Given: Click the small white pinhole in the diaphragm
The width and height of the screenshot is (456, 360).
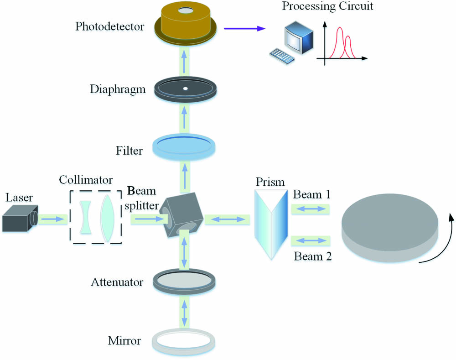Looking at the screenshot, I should point(185,88).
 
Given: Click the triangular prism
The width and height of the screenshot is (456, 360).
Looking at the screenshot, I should point(271,224).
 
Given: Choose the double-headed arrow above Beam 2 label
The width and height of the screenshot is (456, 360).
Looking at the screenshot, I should point(311,239).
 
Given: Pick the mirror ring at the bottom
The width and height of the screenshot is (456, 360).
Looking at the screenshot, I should point(185,340).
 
